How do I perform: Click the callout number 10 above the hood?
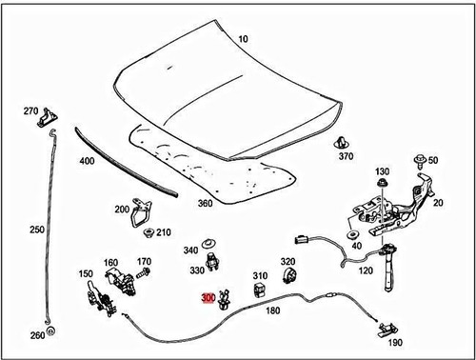click(x=243, y=39)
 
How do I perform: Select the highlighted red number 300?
click(x=208, y=297)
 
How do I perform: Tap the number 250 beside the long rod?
click(x=37, y=230)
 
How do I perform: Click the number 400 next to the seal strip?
click(x=88, y=161)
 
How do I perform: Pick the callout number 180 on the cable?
click(x=273, y=310)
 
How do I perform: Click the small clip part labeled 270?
click(x=44, y=120)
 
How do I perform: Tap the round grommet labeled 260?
click(x=51, y=333)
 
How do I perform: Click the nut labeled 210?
click(x=146, y=232)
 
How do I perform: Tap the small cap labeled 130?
click(x=382, y=182)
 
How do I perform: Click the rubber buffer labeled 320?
click(x=288, y=278)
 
